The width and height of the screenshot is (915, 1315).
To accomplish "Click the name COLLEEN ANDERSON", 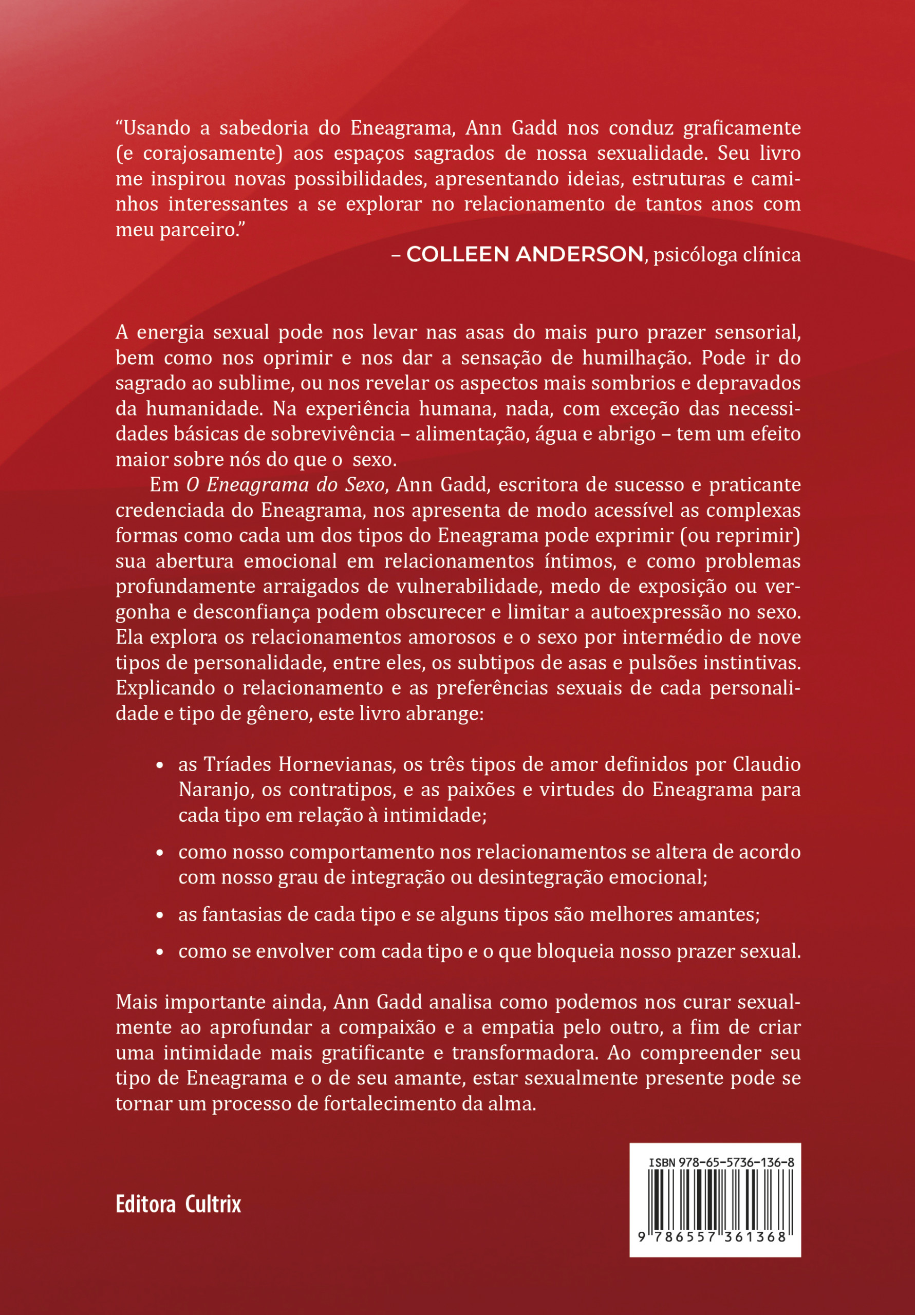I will [525, 254].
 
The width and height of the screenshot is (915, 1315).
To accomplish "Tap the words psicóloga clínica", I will [727, 254].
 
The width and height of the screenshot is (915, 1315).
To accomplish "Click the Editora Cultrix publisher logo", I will [178, 1204].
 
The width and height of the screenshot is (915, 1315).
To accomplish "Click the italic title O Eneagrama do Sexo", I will [285, 484].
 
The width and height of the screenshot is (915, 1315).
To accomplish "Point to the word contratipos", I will [337, 790].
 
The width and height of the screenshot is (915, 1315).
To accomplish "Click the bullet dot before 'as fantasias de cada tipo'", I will [160, 915].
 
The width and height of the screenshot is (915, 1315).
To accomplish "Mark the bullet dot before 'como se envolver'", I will [160, 952].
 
